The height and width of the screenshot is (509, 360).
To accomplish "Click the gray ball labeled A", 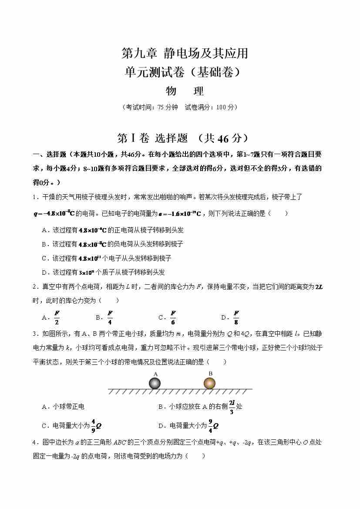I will [x=155, y=383].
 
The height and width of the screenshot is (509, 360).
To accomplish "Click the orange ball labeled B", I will [x=209, y=383].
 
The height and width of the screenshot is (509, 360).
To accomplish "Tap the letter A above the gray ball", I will [x=155, y=374].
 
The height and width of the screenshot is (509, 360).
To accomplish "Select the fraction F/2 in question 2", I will [x=57, y=317].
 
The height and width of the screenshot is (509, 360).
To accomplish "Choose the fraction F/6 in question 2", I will [x=173, y=317].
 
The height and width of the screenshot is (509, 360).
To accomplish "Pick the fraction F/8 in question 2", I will [x=236, y=317].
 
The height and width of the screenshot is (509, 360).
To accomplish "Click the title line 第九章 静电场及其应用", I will [x=184, y=54].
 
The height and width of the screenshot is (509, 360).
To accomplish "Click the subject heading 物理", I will [x=185, y=91].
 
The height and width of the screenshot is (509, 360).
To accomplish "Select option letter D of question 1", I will [x=44, y=273].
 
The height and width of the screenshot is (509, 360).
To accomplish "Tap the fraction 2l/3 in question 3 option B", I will [x=232, y=406].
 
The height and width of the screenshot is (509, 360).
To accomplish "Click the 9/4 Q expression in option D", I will [x=213, y=425].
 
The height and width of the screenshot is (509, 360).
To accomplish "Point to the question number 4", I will [x=34, y=443].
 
